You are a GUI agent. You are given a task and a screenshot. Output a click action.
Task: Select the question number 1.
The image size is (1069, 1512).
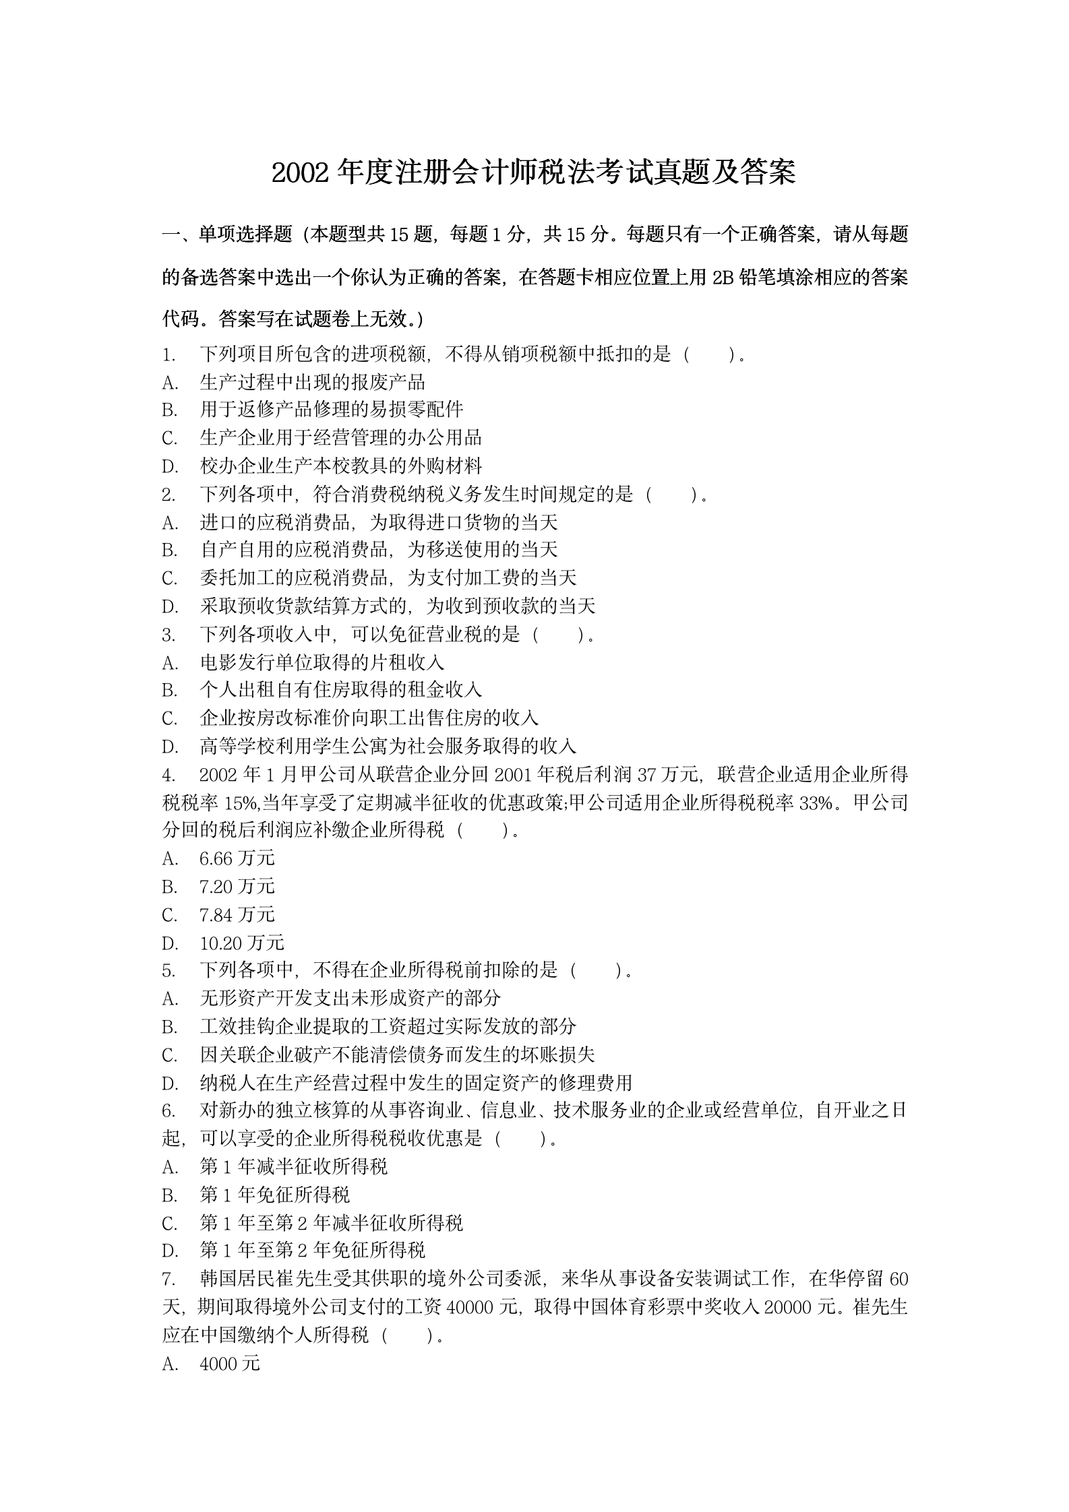pyautogui.click(x=169, y=354)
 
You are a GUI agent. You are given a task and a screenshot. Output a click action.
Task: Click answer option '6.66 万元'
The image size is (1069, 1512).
pyautogui.click(x=237, y=858)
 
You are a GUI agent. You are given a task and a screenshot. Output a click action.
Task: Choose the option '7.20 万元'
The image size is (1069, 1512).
pyautogui.click(x=237, y=887)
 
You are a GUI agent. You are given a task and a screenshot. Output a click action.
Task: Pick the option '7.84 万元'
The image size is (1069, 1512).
pyautogui.click(x=237, y=915)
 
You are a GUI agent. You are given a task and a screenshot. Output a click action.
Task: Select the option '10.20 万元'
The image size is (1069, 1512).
pyautogui.click(x=242, y=943)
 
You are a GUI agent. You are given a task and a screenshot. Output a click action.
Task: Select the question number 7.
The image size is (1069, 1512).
pyautogui.click(x=169, y=1279)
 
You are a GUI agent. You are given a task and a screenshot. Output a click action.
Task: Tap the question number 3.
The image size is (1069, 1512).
pyautogui.click(x=169, y=635)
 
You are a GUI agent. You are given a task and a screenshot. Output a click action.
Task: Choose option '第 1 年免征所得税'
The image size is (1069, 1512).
pyautogui.click(x=275, y=1195)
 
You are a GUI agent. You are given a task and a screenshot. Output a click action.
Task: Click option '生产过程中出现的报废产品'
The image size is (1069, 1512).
pyautogui.click(x=313, y=383)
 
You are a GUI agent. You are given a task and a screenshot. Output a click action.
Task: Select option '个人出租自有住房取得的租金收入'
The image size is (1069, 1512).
pyautogui.click(x=341, y=690)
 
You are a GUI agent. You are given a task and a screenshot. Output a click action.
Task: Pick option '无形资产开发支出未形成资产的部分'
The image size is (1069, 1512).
pyautogui.click(x=350, y=999)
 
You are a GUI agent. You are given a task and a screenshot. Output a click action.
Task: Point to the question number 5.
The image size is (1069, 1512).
pyautogui.click(x=169, y=971)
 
